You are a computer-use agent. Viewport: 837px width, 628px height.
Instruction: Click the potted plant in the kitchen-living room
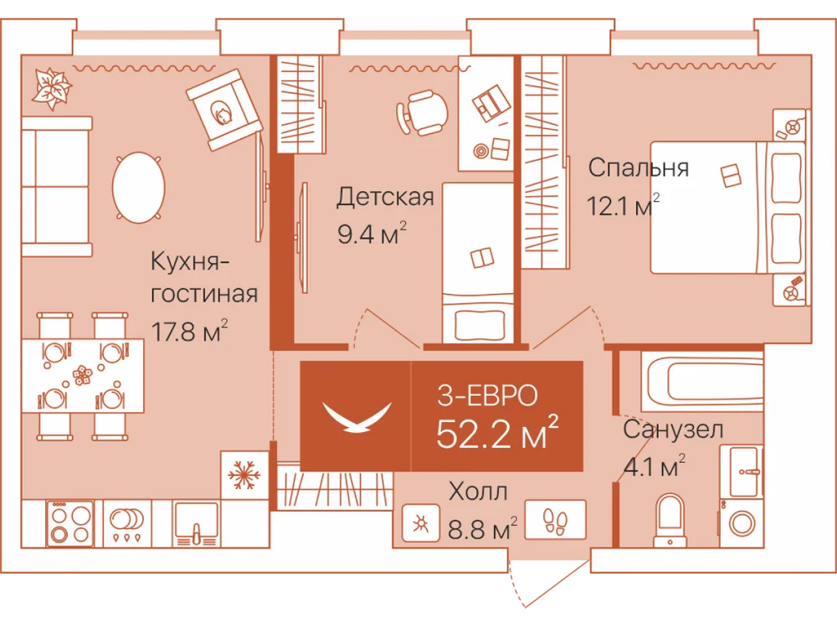(x=51, y=89)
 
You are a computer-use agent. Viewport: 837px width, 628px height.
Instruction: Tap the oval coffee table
(x=138, y=188)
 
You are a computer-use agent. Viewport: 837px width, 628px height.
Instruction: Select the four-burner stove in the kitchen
(x=70, y=523)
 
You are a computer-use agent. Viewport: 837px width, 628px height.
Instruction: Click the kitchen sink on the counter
(x=196, y=524)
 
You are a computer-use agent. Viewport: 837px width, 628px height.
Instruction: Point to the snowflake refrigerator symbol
(x=244, y=475)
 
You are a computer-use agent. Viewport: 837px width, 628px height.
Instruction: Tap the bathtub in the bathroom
(x=702, y=381)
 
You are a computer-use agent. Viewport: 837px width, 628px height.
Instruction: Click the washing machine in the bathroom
(x=741, y=522)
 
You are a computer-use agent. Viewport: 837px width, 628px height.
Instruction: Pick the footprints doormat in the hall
(x=555, y=520)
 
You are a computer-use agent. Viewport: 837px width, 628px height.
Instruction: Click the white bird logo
(x=357, y=417)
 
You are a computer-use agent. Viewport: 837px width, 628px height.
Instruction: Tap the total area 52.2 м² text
(x=497, y=433)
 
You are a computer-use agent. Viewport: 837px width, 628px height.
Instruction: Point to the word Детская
(x=385, y=197)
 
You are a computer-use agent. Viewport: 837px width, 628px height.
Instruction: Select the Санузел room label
(x=673, y=430)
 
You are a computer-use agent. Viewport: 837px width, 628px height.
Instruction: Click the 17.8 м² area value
(x=189, y=331)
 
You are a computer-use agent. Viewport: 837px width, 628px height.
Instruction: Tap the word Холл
(x=478, y=492)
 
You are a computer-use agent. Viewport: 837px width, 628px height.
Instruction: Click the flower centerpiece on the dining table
(x=82, y=374)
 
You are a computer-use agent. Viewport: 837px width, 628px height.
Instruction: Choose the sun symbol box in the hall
(x=421, y=523)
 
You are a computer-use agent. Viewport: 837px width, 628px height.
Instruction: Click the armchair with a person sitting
(x=224, y=110)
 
